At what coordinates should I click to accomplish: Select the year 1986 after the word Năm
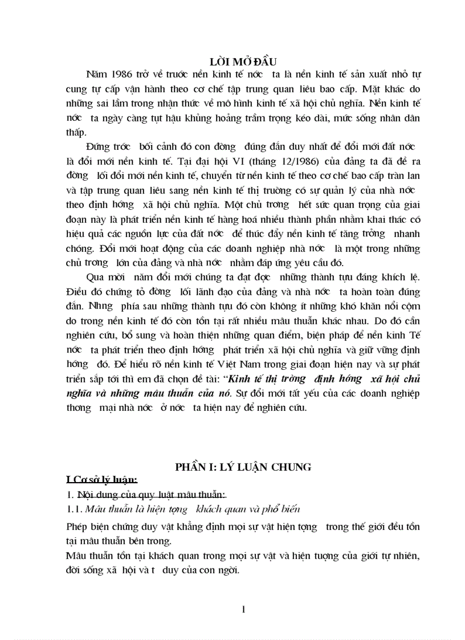[x=119, y=74]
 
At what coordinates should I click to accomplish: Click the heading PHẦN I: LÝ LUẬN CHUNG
[x=243, y=467]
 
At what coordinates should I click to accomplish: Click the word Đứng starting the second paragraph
[x=97, y=146]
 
